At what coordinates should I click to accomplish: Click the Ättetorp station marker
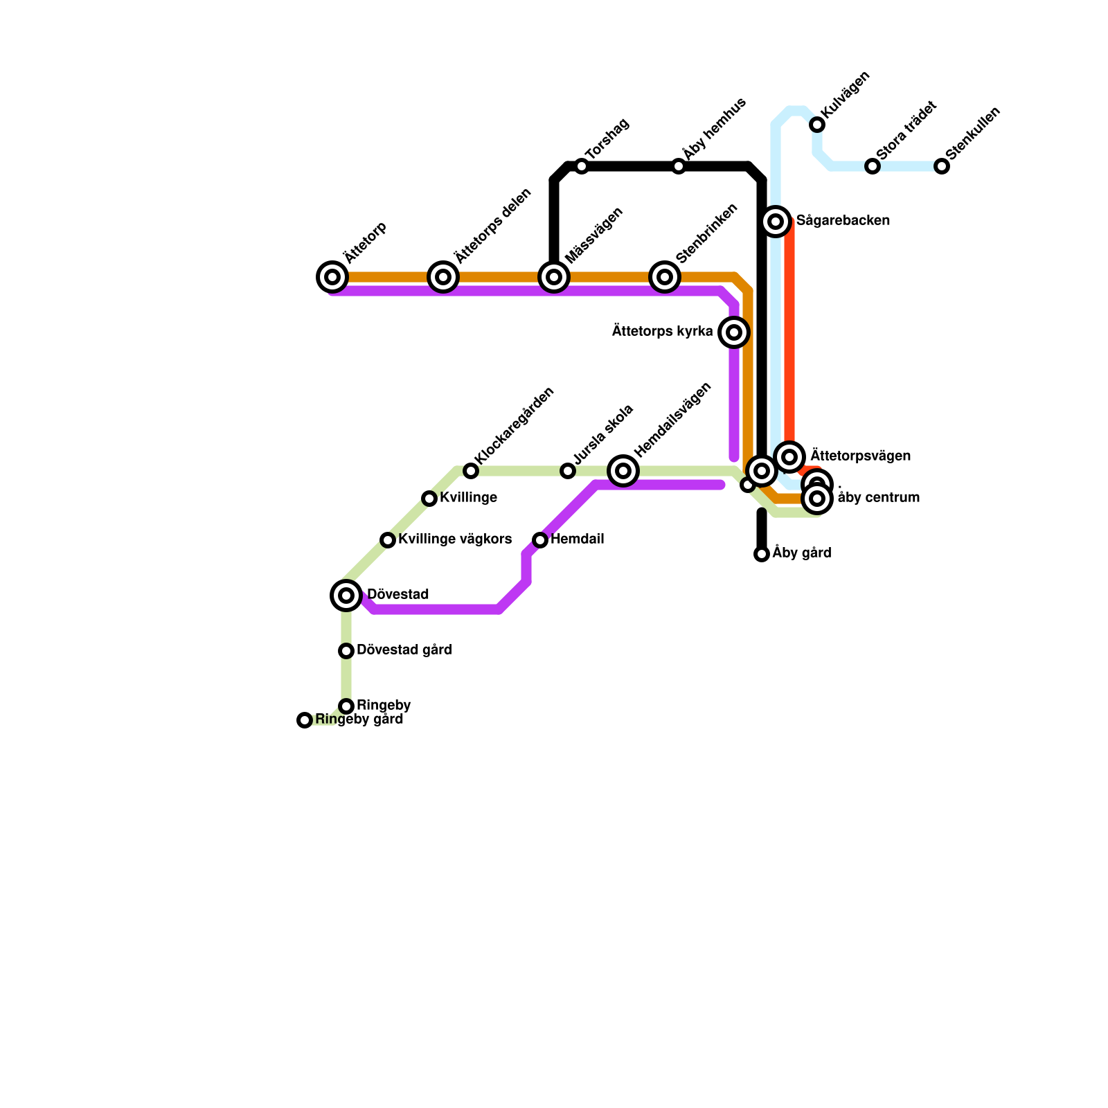pyautogui.click(x=332, y=277)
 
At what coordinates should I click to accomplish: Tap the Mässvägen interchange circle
pyautogui.click(x=554, y=277)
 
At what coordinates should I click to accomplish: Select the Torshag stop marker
pyautogui.click(x=582, y=166)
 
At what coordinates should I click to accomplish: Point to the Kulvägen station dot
pyautogui.click(x=817, y=125)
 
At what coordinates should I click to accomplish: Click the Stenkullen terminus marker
pyautogui.click(x=942, y=166)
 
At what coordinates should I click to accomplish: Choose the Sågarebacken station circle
pyautogui.click(x=776, y=222)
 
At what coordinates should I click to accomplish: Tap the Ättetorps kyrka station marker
pyautogui.click(x=734, y=332)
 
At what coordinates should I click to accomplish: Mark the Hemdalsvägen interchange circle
pyautogui.click(x=623, y=471)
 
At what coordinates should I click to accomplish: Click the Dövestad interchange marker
pyautogui.click(x=346, y=596)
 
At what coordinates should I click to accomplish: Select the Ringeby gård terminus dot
pyautogui.click(x=305, y=720)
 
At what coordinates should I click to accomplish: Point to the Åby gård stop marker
pyautogui.click(x=762, y=554)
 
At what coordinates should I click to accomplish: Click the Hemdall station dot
pyautogui.click(x=540, y=540)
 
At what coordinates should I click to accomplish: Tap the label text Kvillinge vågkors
pyautogui.click(x=455, y=539)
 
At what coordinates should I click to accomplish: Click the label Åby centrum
pyautogui.click(x=878, y=498)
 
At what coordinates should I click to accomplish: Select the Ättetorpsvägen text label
pyautogui.click(x=860, y=456)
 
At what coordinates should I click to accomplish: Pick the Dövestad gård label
pyautogui.click(x=404, y=650)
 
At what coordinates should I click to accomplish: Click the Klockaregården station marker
pyautogui.click(x=471, y=471)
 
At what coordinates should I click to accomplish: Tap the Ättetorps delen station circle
pyautogui.click(x=443, y=277)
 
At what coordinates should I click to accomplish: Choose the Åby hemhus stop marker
pyautogui.click(x=679, y=166)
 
